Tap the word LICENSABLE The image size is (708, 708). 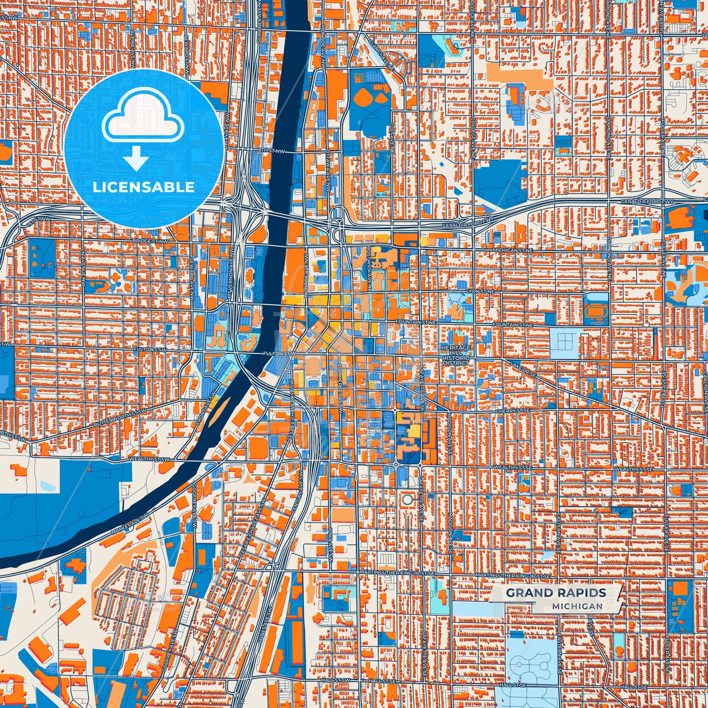click(143, 187)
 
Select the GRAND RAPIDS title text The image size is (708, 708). click(556, 593)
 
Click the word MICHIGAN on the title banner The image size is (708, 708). click(577, 606)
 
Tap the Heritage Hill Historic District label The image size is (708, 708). click(456, 355)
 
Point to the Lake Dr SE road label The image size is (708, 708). click(523, 368)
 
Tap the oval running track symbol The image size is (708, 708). click(596, 310)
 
